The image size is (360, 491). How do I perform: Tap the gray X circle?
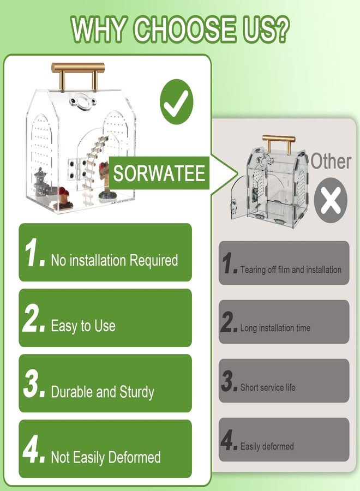pyautogui.click(x=331, y=200)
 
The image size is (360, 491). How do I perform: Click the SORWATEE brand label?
pyautogui.click(x=159, y=173)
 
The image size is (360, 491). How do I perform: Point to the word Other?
pyautogui.click(x=331, y=161)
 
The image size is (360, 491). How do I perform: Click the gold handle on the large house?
pyautogui.click(x=78, y=75)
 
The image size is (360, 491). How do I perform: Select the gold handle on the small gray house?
pyautogui.click(x=278, y=143)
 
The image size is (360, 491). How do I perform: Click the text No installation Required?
pyautogui.click(x=115, y=261)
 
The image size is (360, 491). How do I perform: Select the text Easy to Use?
pyautogui.click(x=83, y=326)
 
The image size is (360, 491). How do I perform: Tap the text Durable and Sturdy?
pyautogui.click(x=103, y=392)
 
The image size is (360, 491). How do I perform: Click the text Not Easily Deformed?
pyautogui.click(x=106, y=458)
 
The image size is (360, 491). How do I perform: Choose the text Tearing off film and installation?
pyautogui.click(x=291, y=270)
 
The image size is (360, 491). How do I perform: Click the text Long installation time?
pyautogui.click(x=275, y=328)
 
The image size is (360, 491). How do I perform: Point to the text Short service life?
pyautogui.click(x=268, y=387)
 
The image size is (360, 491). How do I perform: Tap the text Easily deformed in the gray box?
pyautogui.click(x=267, y=446)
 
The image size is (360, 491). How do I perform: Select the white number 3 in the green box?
pyautogui.click(x=31, y=385)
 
